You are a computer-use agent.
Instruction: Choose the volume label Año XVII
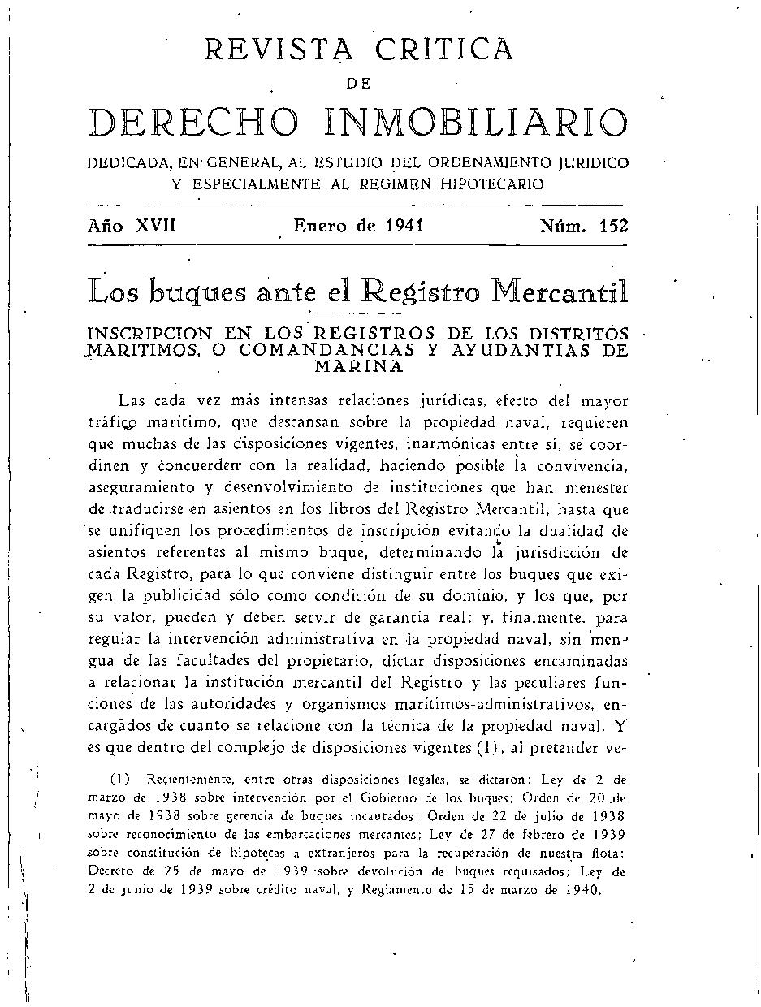pyautogui.click(x=132, y=227)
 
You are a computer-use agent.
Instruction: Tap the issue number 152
pyautogui.click(x=613, y=227)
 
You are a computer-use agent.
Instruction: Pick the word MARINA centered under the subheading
pyautogui.click(x=358, y=365)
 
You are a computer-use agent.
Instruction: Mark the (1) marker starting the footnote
pyautogui.click(x=119, y=778)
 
